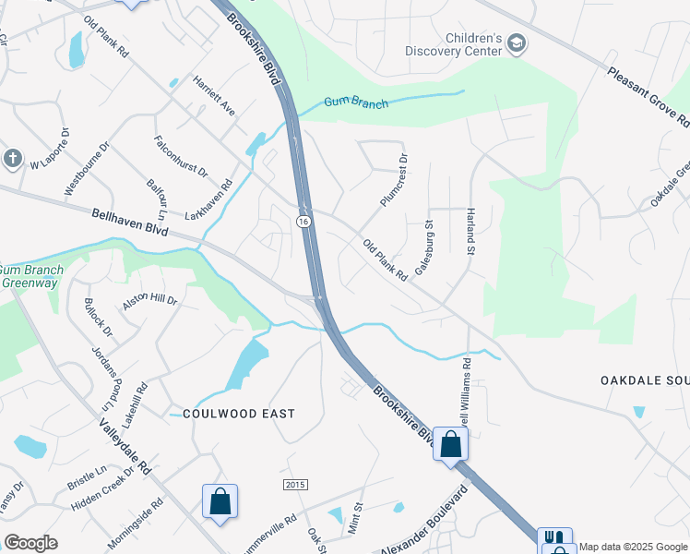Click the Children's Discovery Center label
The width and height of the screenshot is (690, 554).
[460, 45]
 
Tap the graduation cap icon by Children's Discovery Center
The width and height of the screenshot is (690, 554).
[517, 43]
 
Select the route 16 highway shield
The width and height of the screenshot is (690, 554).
[303, 222]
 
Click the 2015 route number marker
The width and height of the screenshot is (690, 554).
[294, 486]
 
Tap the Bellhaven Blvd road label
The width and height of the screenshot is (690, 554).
[130, 223]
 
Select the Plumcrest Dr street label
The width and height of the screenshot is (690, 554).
[393, 181]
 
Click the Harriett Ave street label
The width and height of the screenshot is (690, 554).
[214, 95]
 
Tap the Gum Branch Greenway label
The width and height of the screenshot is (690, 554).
[30, 277]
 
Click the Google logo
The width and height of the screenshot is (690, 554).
[30, 543]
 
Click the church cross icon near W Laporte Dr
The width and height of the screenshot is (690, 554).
[12, 158]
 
